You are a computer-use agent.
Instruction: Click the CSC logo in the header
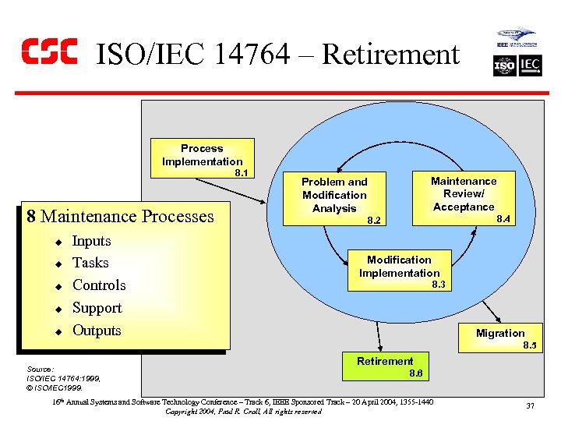coord(48,51)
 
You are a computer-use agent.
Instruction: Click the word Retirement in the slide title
coord(390,55)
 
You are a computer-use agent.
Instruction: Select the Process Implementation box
coord(202,155)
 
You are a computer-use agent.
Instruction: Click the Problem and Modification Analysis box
coord(334,195)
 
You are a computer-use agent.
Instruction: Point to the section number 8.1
coord(242,173)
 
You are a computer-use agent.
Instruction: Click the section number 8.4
coord(503,220)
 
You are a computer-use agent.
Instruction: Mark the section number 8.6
coord(416,374)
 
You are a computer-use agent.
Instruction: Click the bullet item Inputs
coord(91,241)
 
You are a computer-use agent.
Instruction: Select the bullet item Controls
coord(99,285)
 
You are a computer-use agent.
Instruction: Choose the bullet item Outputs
coord(97,331)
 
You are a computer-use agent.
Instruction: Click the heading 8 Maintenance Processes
coord(120,216)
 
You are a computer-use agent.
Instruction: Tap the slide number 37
coord(530,405)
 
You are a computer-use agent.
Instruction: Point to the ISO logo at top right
coord(505,66)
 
